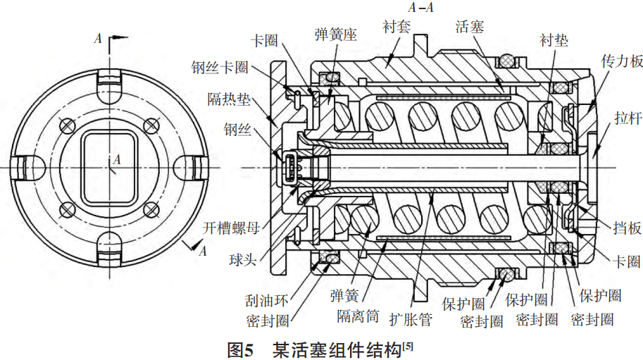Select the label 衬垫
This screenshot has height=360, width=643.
point(554,40)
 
